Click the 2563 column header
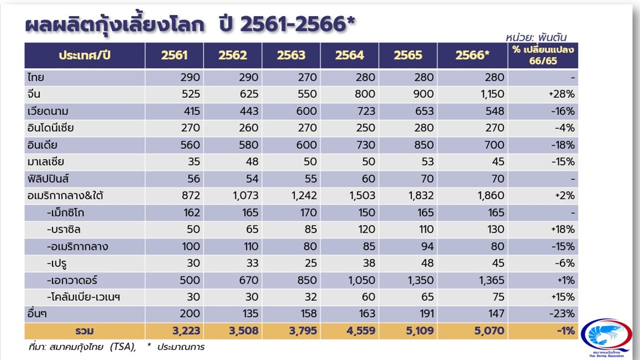click(x=291, y=55)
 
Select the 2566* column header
click(x=472, y=55)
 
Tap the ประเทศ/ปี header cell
click(x=84, y=55)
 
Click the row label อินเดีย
click(x=43, y=145)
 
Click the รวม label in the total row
click(x=84, y=330)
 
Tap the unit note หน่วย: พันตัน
click(x=535, y=37)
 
